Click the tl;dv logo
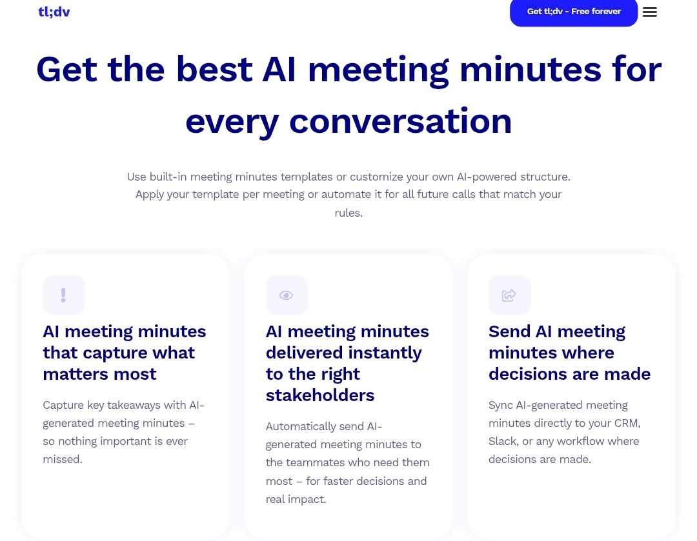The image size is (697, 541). tap(54, 12)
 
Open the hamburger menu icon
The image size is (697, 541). tap(649, 12)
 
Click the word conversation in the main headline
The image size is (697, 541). tap(401, 121)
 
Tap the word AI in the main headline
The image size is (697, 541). tap(279, 69)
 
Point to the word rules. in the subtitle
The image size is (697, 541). tap(348, 213)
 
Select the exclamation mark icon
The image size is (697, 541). tap(63, 295)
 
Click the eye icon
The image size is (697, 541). tap(287, 295)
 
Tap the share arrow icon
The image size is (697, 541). tap(509, 295)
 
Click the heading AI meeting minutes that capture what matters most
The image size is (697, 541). tap(125, 353)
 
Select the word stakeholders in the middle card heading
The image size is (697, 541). tap(320, 395)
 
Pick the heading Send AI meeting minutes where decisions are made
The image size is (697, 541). tap(569, 353)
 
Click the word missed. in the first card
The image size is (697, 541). tap(63, 459)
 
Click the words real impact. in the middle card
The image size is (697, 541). tap(296, 500)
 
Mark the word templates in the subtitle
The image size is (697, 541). tap(307, 177)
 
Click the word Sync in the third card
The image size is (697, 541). tap(500, 406)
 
